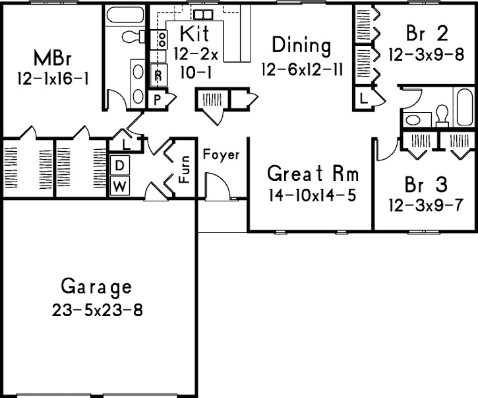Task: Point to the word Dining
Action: [301, 46]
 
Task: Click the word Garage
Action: [96, 287]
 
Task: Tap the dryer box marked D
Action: [120, 164]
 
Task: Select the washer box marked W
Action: [119, 187]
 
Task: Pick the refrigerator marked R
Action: [158, 75]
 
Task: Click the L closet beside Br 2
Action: [364, 99]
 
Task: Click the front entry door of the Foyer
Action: [218, 187]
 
